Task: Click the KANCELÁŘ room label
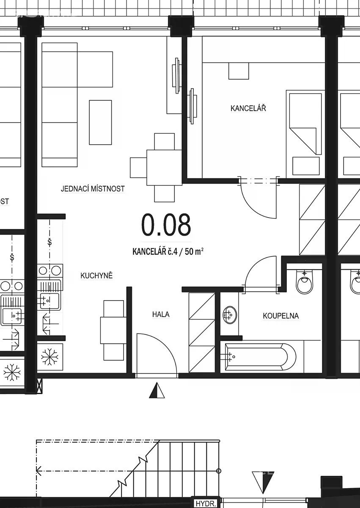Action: (x=248, y=108)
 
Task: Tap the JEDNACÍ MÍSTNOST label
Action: (x=93, y=188)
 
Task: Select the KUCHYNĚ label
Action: (x=96, y=275)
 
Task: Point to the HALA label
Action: (x=161, y=314)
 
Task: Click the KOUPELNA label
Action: (x=281, y=316)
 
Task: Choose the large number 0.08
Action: (x=166, y=224)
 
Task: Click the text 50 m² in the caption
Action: (x=194, y=251)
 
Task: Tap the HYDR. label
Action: (x=205, y=504)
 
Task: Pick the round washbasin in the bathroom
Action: (x=230, y=315)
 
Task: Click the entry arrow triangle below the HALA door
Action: (x=157, y=390)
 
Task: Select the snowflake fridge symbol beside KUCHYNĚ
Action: (x=49, y=357)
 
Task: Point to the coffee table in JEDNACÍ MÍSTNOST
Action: (x=100, y=122)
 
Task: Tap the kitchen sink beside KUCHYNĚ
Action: (x=49, y=301)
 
